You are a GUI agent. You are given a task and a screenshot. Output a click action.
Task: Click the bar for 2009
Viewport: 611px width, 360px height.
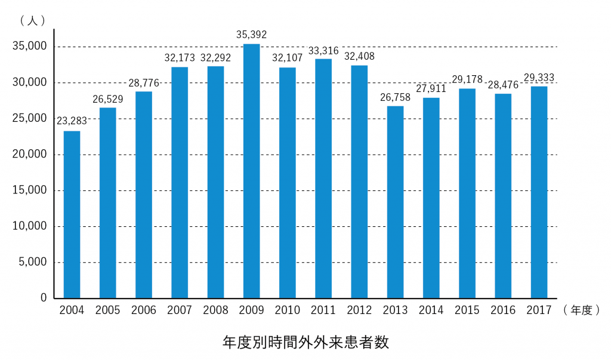click(x=251, y=171)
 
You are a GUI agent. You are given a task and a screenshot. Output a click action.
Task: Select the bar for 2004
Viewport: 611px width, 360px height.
click(x=72, y=215)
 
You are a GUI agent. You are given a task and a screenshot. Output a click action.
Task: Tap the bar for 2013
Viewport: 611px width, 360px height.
click(x=395, y=202)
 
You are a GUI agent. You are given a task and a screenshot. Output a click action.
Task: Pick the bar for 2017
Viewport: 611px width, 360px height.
click(x=539, y=192)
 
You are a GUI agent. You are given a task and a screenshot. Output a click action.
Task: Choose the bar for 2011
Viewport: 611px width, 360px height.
click(x=323, y=179)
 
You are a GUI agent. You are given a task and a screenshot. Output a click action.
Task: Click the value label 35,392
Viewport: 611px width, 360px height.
click(x=251, y=35)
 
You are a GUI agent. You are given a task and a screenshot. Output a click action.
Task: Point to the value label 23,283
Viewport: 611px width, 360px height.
click(x=72, y=121)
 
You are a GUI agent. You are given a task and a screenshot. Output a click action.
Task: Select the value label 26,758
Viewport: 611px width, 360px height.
click(x=395, y=97)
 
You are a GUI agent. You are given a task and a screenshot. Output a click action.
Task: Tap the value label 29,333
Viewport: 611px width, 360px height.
click(x=539, y=77)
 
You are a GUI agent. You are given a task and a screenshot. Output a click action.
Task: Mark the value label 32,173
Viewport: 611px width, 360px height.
click(x=180, y=58)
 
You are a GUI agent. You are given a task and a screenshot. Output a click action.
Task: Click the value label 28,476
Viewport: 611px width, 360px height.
click(x=503, y=85)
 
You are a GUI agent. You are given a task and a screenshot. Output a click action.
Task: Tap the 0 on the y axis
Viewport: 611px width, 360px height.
click(x=44, y=298)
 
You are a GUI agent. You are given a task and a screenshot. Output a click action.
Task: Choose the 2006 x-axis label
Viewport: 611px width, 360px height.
click(x=144, y=310)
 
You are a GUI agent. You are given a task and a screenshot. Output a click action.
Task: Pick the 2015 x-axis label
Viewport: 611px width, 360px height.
click(x=467, y=310)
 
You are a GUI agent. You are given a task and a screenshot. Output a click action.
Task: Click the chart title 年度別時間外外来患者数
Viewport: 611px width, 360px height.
click(x=305, y=342)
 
